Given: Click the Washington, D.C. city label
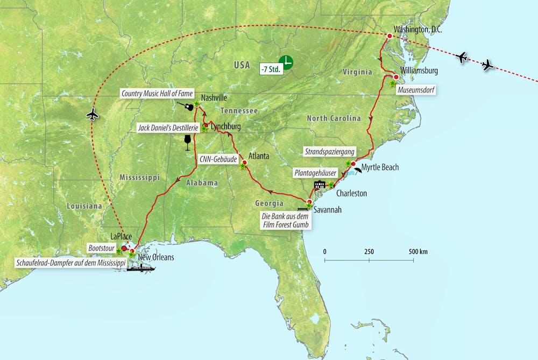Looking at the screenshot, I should tap(417, 29).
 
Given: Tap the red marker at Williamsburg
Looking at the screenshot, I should tap(396, 77).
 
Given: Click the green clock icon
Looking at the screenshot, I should tap(286, 62).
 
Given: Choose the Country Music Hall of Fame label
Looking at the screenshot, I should tap(157, 94).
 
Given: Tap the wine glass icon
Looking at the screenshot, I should tap(188, 143).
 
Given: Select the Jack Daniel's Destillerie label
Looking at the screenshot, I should tap(167, 128).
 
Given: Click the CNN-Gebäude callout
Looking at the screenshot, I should tap(218, 159).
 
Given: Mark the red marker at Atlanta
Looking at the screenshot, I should tap(245, 162).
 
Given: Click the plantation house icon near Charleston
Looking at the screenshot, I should tap(320, 185).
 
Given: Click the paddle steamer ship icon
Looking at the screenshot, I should tap(140, 267).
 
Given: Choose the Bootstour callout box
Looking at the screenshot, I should tap(102, 248).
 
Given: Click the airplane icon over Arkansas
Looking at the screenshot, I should tap(93, 114).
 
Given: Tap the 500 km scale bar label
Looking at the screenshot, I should tap(417, 252).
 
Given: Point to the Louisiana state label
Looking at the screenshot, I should tap(84, 206).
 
